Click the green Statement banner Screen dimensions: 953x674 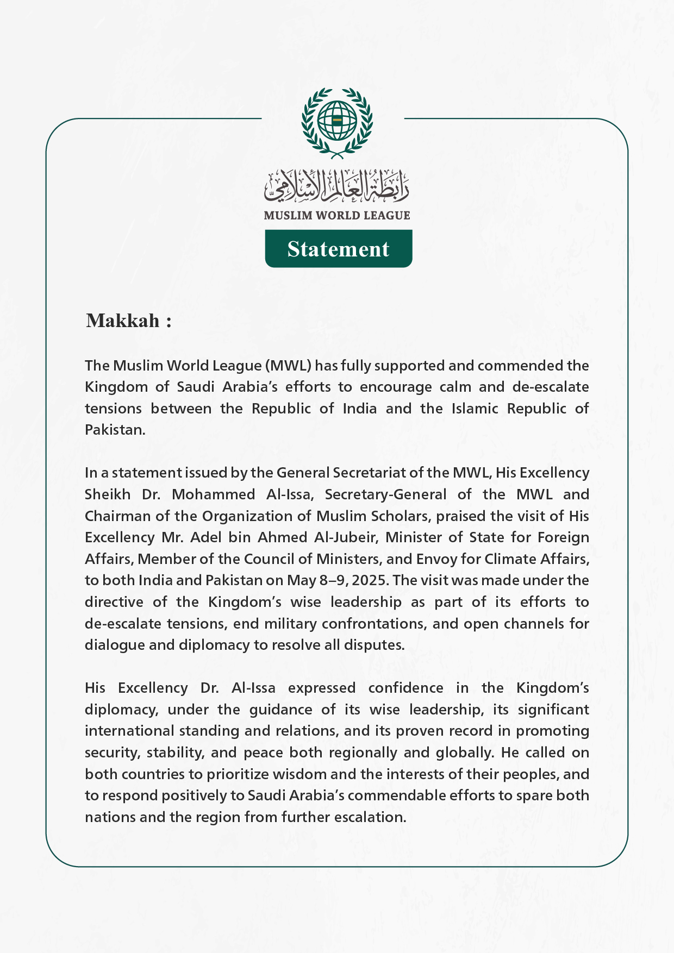pos(338,249)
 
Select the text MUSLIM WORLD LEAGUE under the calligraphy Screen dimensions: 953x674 pos(337,215)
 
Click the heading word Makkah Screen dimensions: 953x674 pos(123,321)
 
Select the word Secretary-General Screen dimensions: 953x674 pos(385,494)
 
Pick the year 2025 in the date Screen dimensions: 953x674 pos(370,580)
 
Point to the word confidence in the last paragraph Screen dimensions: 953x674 pos(405,688)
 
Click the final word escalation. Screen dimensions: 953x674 pos(370,817)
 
